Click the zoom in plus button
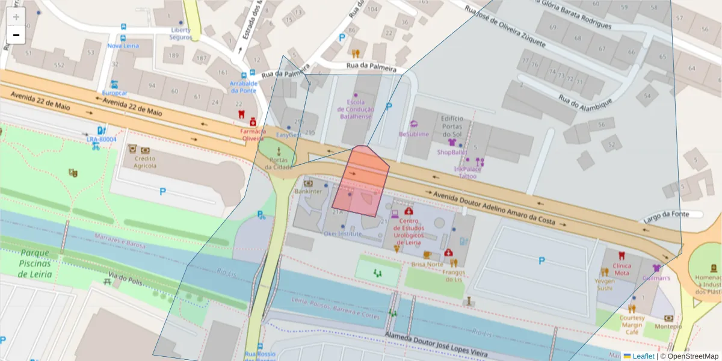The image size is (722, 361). click(16, 17)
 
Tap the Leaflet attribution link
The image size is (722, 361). click(643, 356)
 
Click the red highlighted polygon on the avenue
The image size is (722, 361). click(361, 180)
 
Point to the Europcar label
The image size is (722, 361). click(114, 93)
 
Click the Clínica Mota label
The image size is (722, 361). click(622, 269)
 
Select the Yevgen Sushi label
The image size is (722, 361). click(605, 284)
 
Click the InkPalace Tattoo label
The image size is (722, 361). click(467, 173)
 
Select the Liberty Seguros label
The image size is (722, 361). click(180, 33)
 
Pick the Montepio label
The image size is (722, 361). click(669, 326)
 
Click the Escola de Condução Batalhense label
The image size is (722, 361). click(356, 110)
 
